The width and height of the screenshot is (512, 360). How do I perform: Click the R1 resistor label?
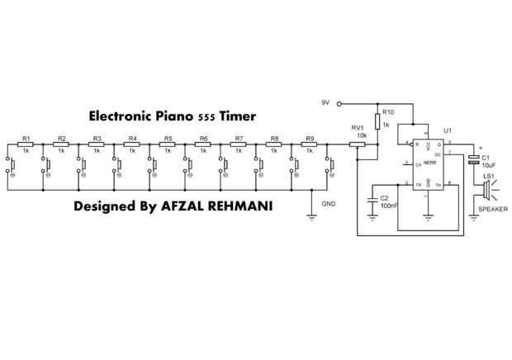pyautogui.click(x=26, y=138)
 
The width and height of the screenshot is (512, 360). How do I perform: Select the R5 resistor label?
pyautogui.click(x=168, y=138)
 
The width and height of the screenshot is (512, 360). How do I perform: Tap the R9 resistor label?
pyautogui.click(x=310, y=138)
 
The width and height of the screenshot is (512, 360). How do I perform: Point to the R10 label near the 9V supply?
pyautogui.click(x=389, y=111)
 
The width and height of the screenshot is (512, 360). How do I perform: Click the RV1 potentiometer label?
pyautogui.click(x=358, y=128)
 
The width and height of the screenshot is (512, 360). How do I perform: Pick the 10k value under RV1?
pyautogui.click(x=362, y=135)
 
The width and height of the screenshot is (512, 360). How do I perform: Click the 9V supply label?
pyautogui.click(x=325, y=102)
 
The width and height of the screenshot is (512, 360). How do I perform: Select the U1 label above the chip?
pyautogui.click(x=448, y=130)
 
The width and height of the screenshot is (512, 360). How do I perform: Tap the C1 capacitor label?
pyautogui.click(x=486, y=157)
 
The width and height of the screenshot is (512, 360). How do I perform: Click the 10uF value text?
pyautogui.click(x=487, y=164)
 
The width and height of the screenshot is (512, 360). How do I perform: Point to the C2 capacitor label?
pyautogui.click(x=384, y=198)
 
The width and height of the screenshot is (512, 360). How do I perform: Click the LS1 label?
pyautogui.click(x=489, y=176)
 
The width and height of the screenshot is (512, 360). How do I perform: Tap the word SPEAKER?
pyautogui.click(x=493, y=210)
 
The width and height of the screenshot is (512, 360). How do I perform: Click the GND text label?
pyautogui.click(x=329, y=202)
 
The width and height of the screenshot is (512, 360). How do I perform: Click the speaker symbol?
pyautogui.click(x=486, y=192)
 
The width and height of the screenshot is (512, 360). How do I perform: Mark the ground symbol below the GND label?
pyautogui.click(x=312, y=218)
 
